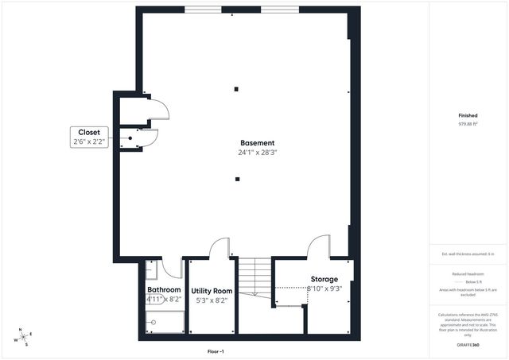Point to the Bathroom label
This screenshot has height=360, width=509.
[164, 290]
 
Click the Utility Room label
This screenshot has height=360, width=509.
[212, 291]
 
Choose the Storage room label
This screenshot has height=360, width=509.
[324, 279]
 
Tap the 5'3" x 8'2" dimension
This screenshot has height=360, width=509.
[212, 300]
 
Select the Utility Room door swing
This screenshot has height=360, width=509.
[220, 247]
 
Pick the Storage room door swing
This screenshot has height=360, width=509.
[319, 246]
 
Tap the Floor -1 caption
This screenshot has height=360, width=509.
[216, 350]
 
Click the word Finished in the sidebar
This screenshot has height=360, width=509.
[468, 115]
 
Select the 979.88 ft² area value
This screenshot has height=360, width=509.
[468, 125]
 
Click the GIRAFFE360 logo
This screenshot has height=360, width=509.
[468, 346]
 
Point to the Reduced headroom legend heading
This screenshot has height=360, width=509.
[468, 273]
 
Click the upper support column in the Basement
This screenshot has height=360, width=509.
[237, 88]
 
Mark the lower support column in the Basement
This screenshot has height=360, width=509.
[237, 178]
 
